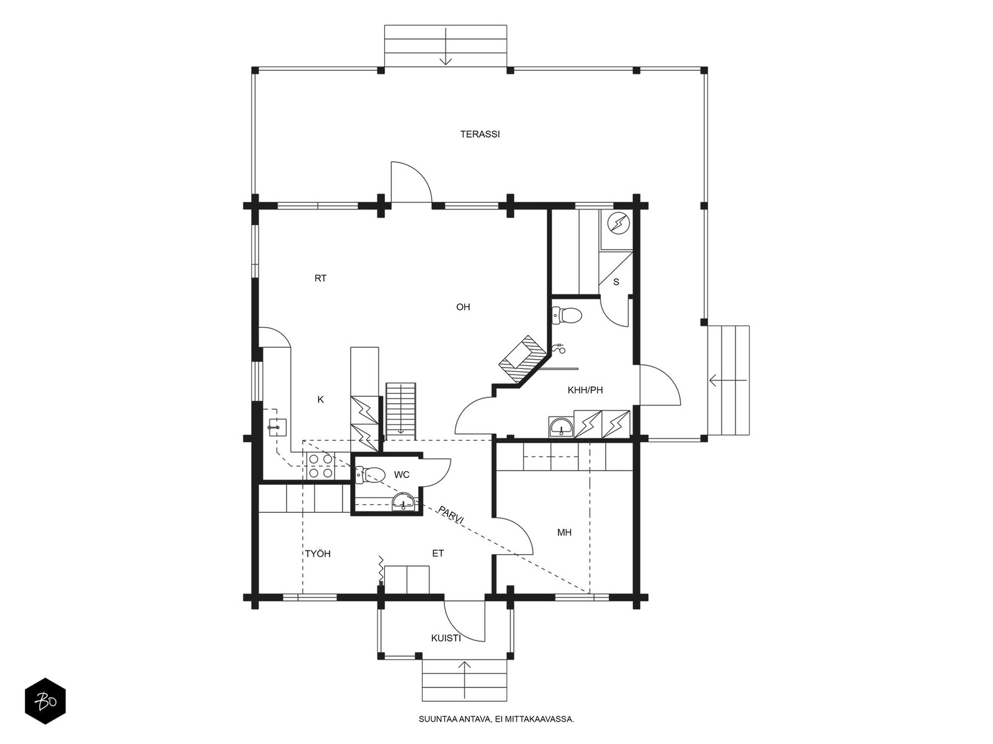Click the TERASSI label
click(x=480, y=134)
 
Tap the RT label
click(x=320, y=278)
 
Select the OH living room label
click(x=463, y=307)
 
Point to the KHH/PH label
click(x=585, y=390)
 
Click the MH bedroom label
click(x=564, y=533)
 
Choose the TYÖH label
click(x=318, y=554)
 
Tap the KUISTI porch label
click(x=446, y=639)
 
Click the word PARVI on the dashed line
click(x=451, y=515)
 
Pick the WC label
click(x=402, y=475)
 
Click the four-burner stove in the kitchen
click(x=320, y=466)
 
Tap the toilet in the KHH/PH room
click(x=567, y=316)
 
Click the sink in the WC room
click(x=403, y=502)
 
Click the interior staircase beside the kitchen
click(x=400, y=411)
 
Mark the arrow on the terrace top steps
click(x=446, y=46)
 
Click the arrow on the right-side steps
click(x=728, y=380)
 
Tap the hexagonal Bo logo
click(x=45, y=701)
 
